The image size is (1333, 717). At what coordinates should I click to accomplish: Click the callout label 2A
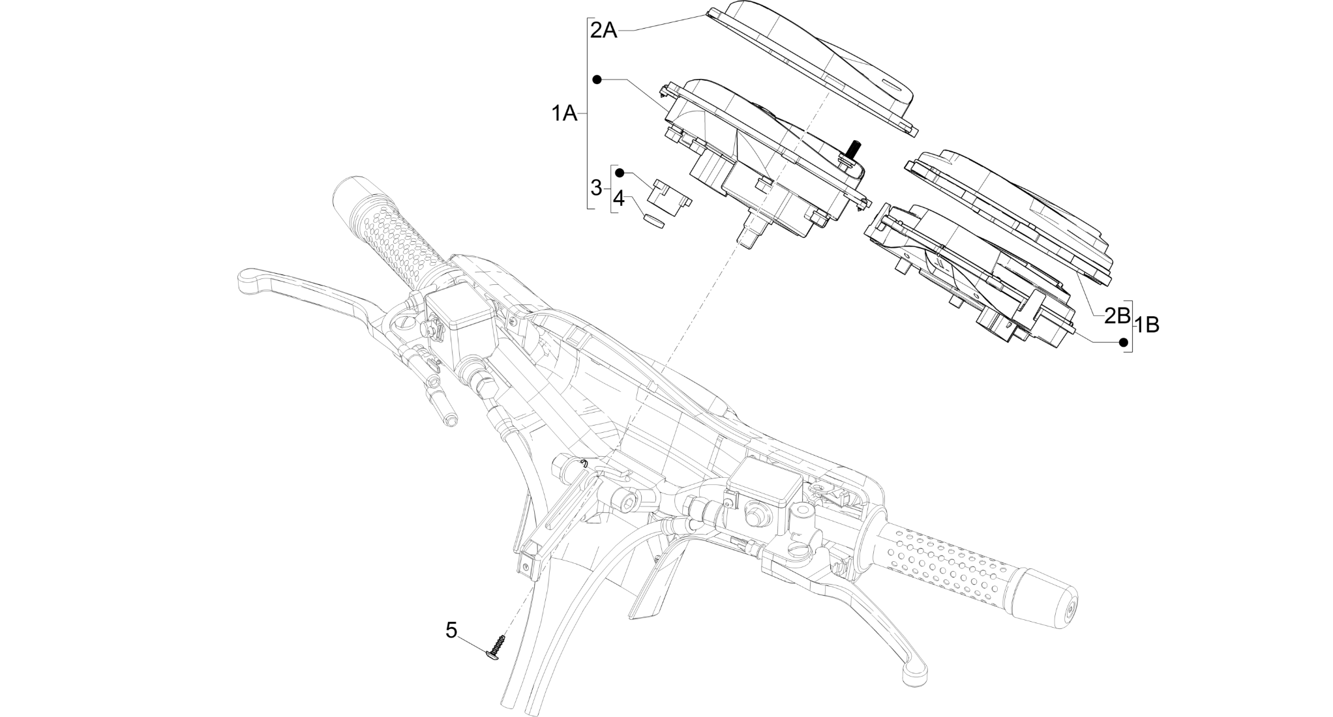coord(603,30)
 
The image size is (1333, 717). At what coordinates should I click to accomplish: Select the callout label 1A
coord(564,114)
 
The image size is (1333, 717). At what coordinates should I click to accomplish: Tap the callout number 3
coord(596,188)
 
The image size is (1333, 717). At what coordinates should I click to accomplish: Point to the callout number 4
coord(618,199)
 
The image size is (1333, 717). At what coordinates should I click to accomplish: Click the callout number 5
coord(451,630)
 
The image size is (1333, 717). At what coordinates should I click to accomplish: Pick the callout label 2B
coord(1116,316)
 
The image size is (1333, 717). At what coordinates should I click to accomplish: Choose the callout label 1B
coord(1147,325)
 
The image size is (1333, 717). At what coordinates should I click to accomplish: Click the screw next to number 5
coord(497,647)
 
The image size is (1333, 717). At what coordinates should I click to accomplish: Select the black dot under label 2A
coord(597,80)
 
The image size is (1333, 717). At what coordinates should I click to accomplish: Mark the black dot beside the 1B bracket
coord(1124,342)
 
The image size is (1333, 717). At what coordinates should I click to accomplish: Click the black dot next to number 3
coord(620,173)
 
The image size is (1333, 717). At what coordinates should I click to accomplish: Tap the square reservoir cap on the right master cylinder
coord(764,483)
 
